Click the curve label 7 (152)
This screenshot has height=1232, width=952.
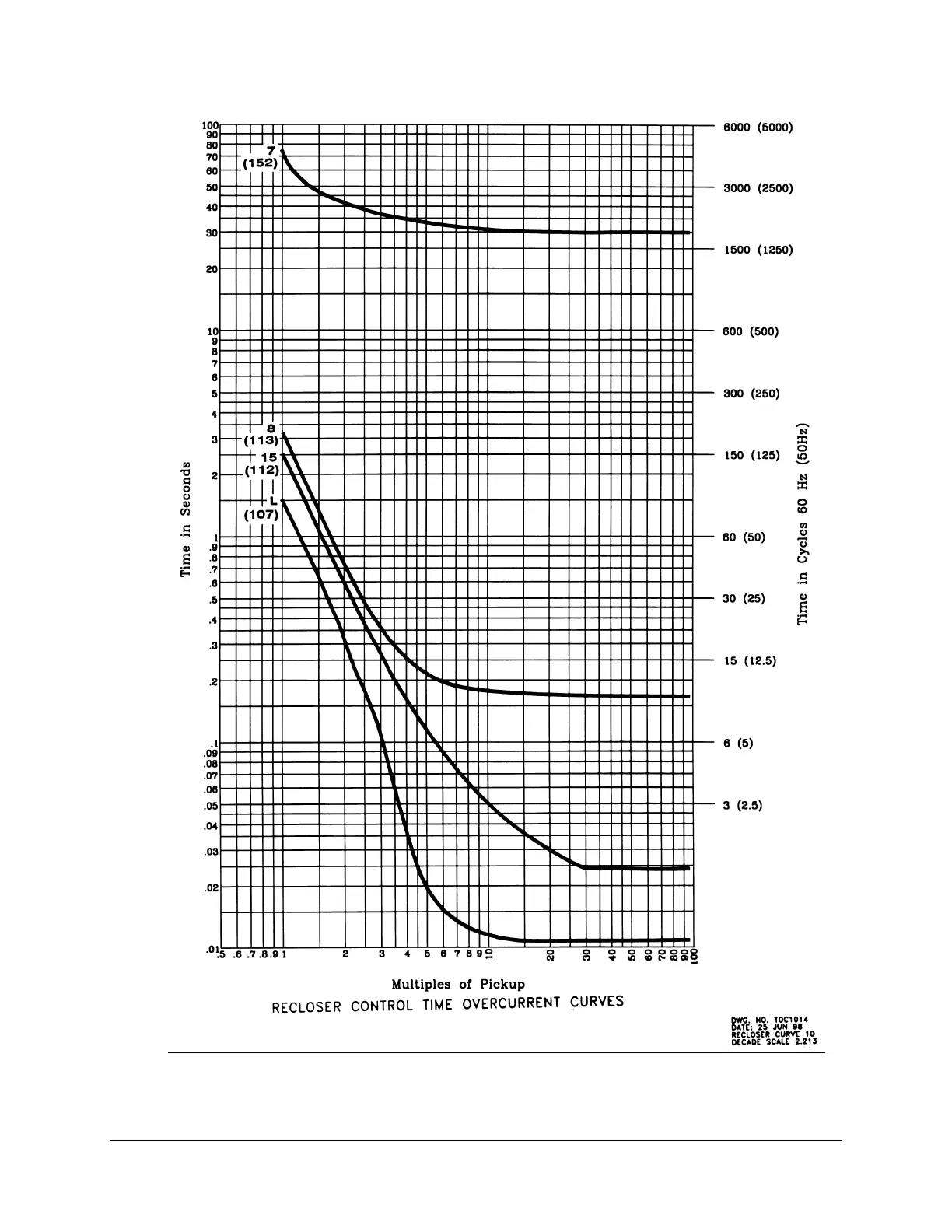260,158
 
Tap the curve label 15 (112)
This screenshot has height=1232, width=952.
262,464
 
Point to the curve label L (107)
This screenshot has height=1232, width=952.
263,508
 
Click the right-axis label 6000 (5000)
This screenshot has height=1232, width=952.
758,127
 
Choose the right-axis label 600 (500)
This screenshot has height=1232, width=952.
751,331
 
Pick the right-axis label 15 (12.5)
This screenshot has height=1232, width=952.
750,661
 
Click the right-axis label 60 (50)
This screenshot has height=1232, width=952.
744,537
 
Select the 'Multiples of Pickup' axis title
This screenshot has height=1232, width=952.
458,984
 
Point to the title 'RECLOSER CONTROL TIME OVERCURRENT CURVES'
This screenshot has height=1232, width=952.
447,1004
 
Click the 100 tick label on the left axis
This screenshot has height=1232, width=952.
210,125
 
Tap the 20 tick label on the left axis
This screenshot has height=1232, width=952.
212,270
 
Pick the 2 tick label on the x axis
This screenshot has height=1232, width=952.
345,954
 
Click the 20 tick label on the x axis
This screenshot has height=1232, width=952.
550,955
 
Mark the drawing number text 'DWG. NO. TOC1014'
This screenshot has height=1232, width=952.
773,1019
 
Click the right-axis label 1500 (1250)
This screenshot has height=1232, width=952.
758,250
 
